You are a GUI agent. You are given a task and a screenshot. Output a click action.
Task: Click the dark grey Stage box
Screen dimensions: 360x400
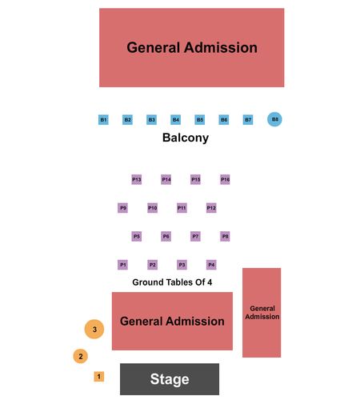170,379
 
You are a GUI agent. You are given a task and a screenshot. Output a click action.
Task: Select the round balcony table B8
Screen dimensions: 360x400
274,119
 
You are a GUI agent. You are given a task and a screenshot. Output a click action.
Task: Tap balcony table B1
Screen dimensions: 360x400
103,120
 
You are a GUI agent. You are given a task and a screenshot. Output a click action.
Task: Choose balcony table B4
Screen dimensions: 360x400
176,120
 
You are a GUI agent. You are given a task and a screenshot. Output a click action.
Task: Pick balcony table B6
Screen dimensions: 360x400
224,120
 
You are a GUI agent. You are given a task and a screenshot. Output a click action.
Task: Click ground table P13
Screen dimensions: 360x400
137,179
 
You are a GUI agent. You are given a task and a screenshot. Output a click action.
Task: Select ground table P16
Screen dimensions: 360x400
225,179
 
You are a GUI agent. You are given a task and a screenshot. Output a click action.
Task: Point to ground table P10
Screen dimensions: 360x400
153,208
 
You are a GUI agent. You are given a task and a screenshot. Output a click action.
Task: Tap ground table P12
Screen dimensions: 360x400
211,208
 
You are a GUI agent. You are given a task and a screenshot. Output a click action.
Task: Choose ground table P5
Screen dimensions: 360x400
137,236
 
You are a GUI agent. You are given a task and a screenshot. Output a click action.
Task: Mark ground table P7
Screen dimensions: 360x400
195,236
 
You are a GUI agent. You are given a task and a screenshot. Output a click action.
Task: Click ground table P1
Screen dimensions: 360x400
122,265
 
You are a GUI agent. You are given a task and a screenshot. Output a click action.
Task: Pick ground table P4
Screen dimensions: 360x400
211,265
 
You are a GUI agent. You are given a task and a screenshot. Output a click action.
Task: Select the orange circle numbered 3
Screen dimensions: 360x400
94,330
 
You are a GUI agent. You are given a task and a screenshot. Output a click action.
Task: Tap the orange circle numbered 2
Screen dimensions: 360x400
81,356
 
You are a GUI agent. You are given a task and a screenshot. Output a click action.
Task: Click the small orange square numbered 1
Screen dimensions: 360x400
99,377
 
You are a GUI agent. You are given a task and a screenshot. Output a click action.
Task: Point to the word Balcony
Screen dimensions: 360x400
186,138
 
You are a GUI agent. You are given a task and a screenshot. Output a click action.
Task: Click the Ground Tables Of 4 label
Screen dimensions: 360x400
172,282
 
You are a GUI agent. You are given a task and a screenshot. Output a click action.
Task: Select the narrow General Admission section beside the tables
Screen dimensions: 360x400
262,313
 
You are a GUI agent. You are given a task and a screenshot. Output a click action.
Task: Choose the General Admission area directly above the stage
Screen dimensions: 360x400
172,321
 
